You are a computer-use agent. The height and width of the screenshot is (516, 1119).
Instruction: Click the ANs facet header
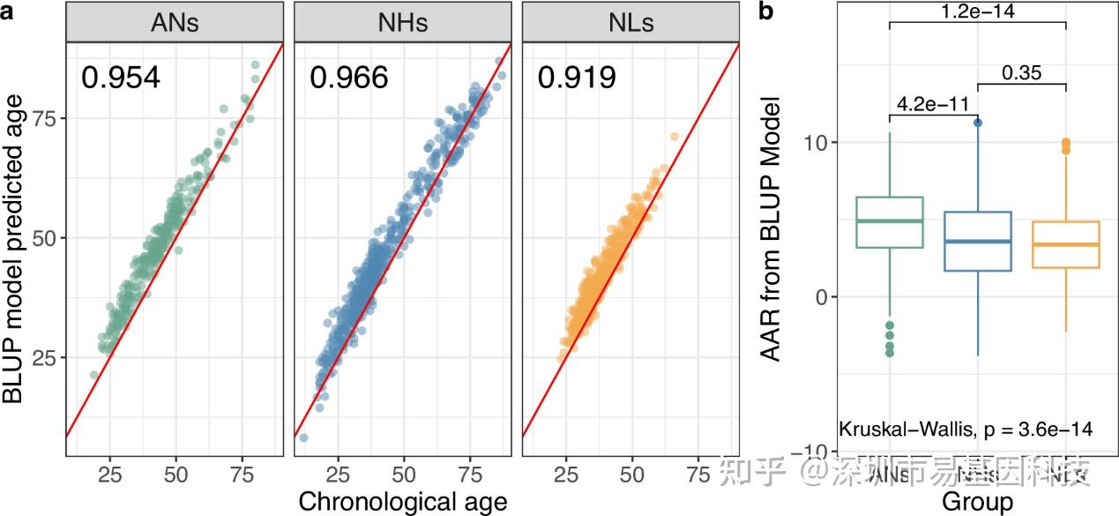175,23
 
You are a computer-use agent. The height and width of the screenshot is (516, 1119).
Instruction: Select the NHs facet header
402,23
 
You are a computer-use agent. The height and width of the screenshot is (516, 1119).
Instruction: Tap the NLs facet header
630,23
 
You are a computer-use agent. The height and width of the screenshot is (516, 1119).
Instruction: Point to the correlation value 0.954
121,79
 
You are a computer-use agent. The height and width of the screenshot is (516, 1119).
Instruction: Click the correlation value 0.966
348,79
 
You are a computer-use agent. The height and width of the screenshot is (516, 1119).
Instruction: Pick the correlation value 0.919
577,79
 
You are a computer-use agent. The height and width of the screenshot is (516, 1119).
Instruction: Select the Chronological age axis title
403,501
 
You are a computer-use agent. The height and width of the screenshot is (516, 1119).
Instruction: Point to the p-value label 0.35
1022,72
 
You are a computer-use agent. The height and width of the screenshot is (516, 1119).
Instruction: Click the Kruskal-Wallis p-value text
966,430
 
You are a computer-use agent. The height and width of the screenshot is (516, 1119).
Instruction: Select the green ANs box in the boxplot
890,222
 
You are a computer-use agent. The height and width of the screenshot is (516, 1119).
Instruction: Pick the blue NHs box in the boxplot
978,241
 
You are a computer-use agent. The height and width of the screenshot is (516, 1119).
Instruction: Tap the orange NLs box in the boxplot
1066,244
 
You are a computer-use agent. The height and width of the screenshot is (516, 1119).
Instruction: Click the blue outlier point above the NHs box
978,123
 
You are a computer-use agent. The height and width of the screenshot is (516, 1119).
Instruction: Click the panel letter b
766,11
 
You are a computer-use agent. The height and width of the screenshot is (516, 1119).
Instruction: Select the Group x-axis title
978,502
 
